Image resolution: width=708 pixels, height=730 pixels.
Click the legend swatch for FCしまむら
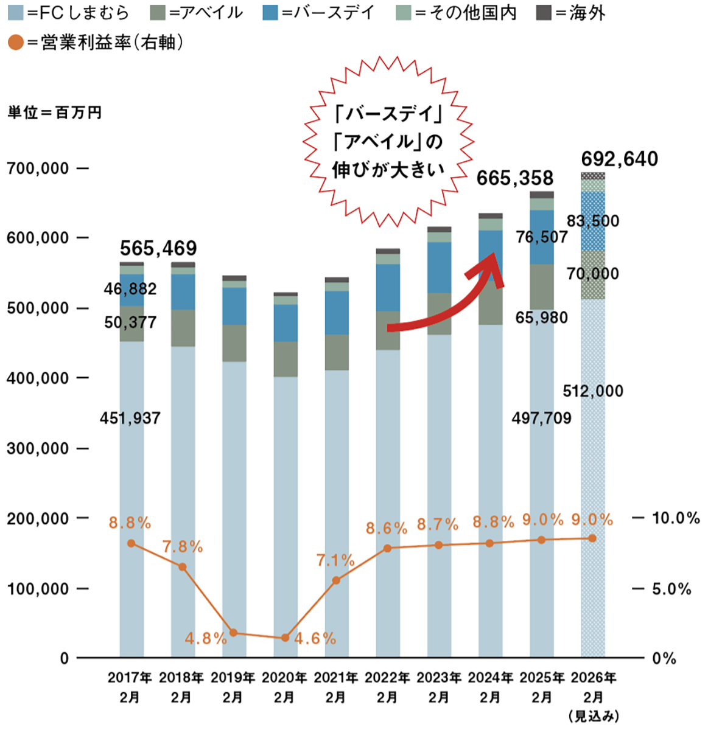pos(16,12)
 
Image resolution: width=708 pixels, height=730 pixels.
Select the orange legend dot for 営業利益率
pos(16,42)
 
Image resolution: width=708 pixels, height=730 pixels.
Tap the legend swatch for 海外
pos(544,12)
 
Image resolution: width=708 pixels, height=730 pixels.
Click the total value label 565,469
pos(158,248)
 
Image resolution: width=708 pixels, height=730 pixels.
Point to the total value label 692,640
pos(619,159)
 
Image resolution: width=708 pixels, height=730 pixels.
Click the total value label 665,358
pos(514,178)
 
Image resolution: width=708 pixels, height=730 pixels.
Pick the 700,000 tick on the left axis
pos(38,168)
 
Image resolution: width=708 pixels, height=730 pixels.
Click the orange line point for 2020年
pos(285,638)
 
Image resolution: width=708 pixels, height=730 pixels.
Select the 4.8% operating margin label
pos(206,639)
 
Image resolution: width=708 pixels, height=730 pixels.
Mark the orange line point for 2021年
pos(336,580)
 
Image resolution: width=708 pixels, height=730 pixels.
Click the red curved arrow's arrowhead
pos(493,268)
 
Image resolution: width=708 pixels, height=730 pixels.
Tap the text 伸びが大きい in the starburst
pos(388,170)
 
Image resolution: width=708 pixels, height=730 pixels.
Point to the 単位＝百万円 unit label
pos(54,113)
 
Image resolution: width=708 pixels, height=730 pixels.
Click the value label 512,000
pos(593,391)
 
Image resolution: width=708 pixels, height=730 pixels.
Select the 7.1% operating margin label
pos(335,560)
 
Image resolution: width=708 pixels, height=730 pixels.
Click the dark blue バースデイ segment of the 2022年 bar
pos(388,287)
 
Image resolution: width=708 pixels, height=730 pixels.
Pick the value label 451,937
pos(131,418)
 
